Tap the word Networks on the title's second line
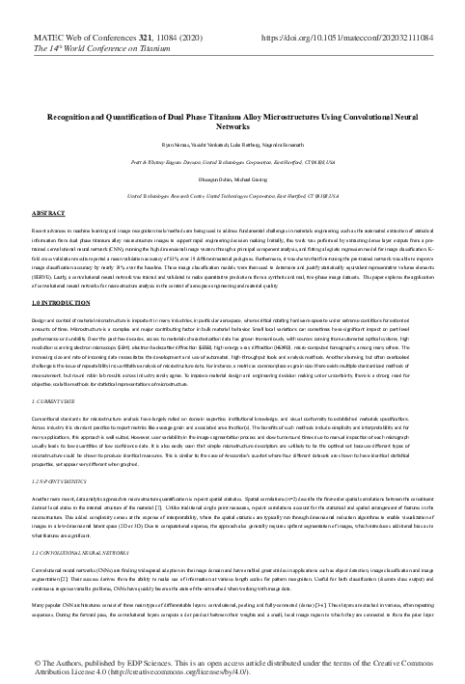[x=232, y=125]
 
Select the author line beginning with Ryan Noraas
[x=232, y=143]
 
